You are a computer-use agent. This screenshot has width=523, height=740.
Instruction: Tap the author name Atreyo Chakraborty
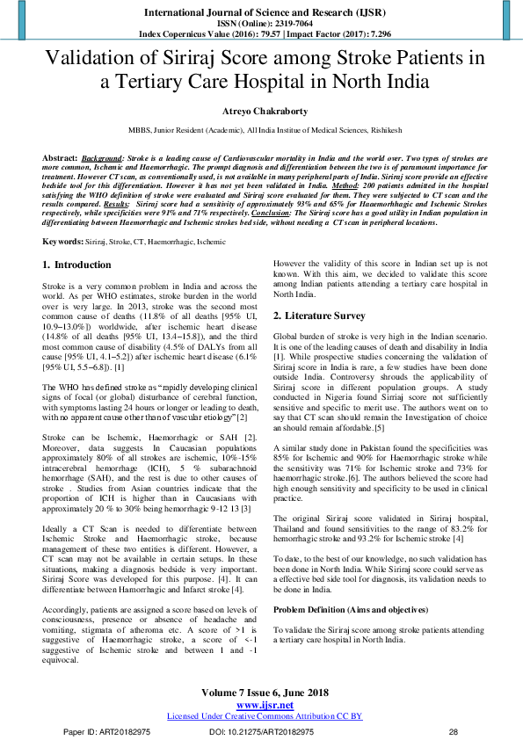pyautogui.click(x=261, y=112)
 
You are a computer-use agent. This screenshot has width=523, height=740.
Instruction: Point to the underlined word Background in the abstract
pyautogui.click(x=104, y=156)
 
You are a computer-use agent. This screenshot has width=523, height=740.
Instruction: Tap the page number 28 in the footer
pyautogui.click(x=454, y=731)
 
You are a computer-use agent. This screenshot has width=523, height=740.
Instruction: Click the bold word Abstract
pyautogui.click(x=61, y=156)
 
